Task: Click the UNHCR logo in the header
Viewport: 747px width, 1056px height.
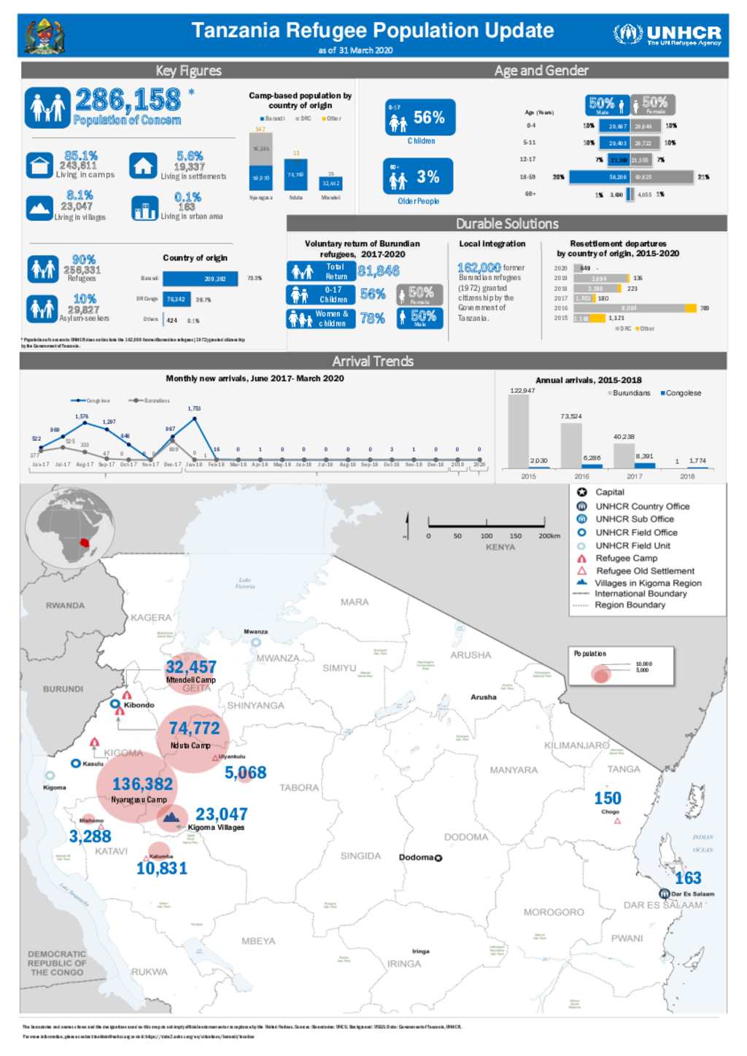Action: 667,34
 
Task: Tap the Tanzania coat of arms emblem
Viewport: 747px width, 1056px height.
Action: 44,36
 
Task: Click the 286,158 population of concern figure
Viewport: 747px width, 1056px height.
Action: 128,99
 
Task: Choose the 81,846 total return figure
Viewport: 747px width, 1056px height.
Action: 379,271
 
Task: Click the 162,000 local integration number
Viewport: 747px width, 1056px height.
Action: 479,268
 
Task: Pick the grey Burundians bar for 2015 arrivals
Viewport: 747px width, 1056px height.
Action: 518,430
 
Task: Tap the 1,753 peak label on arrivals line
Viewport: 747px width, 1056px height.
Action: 194,408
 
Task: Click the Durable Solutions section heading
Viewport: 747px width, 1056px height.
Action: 507,224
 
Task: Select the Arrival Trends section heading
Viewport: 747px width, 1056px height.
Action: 373,361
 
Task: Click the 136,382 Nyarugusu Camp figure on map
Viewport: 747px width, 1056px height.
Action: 142,784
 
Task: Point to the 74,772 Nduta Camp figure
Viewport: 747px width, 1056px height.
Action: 194,728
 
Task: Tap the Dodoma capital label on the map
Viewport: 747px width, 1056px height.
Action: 417,857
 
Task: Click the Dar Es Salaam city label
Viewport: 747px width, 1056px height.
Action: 692,893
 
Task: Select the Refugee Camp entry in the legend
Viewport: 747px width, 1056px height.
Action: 626,558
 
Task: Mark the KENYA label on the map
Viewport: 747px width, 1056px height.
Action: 500,546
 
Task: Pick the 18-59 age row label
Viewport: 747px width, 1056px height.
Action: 527,177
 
